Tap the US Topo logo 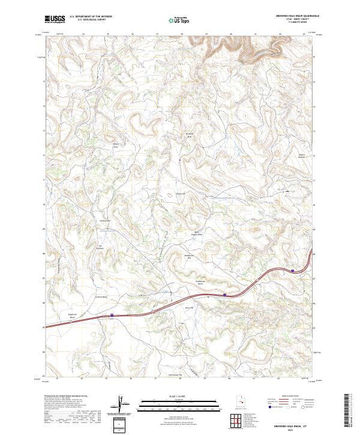coord(181,19)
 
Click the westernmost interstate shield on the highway coord(112,314)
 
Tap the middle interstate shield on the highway coord(224,295)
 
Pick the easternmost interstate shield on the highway coord(292,271)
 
